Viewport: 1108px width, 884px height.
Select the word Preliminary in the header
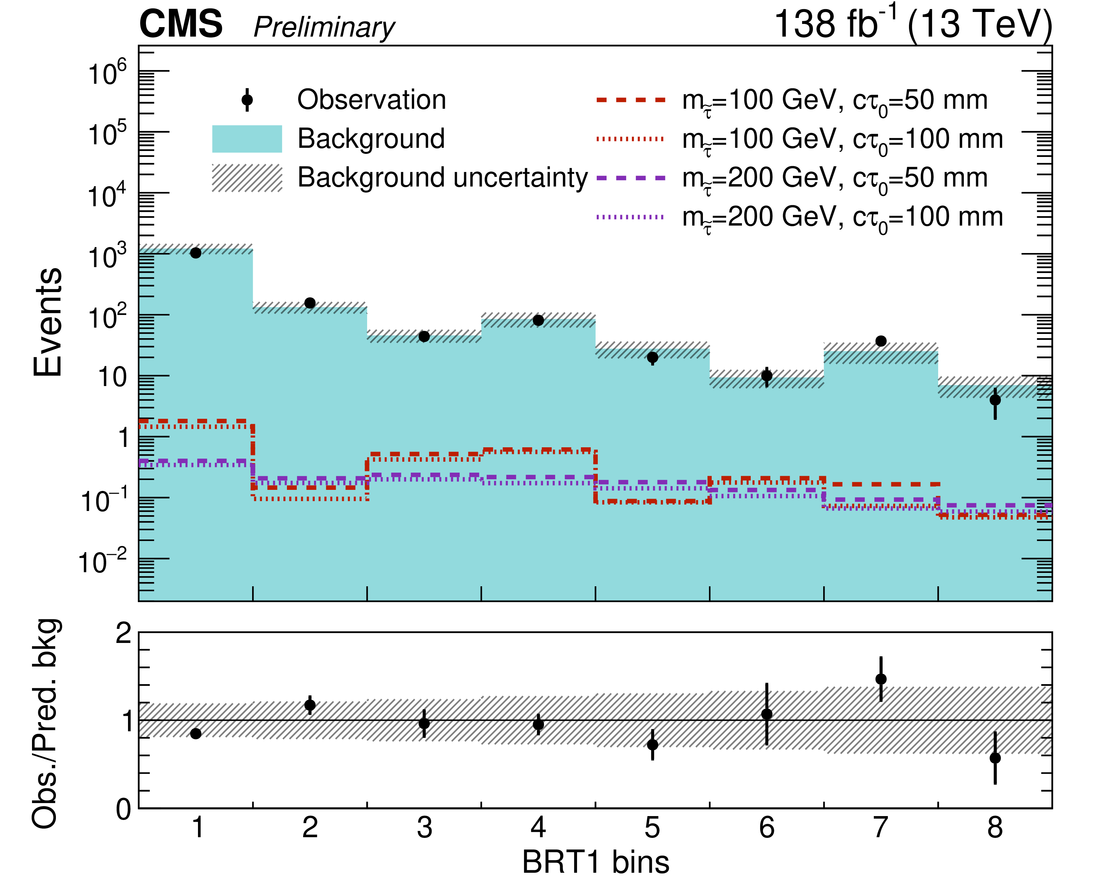point(324,27)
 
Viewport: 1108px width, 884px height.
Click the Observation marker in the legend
point(247,100)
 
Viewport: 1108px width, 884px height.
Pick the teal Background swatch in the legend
point(247,139)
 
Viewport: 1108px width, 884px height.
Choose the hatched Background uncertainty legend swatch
point(247,178)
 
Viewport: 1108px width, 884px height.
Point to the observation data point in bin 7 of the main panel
point(881,341)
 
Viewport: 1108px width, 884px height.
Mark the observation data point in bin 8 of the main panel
point(995,399)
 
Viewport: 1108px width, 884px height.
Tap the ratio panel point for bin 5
point(653,745)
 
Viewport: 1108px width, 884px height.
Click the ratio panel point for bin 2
point(310,705)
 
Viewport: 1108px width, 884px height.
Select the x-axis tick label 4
point(538,828)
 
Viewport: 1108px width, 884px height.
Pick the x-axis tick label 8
point(995,828)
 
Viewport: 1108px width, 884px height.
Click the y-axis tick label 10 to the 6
point(107,73)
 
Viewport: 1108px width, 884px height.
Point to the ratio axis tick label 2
point(124,633)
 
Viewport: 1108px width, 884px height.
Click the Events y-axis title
point(47,322)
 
